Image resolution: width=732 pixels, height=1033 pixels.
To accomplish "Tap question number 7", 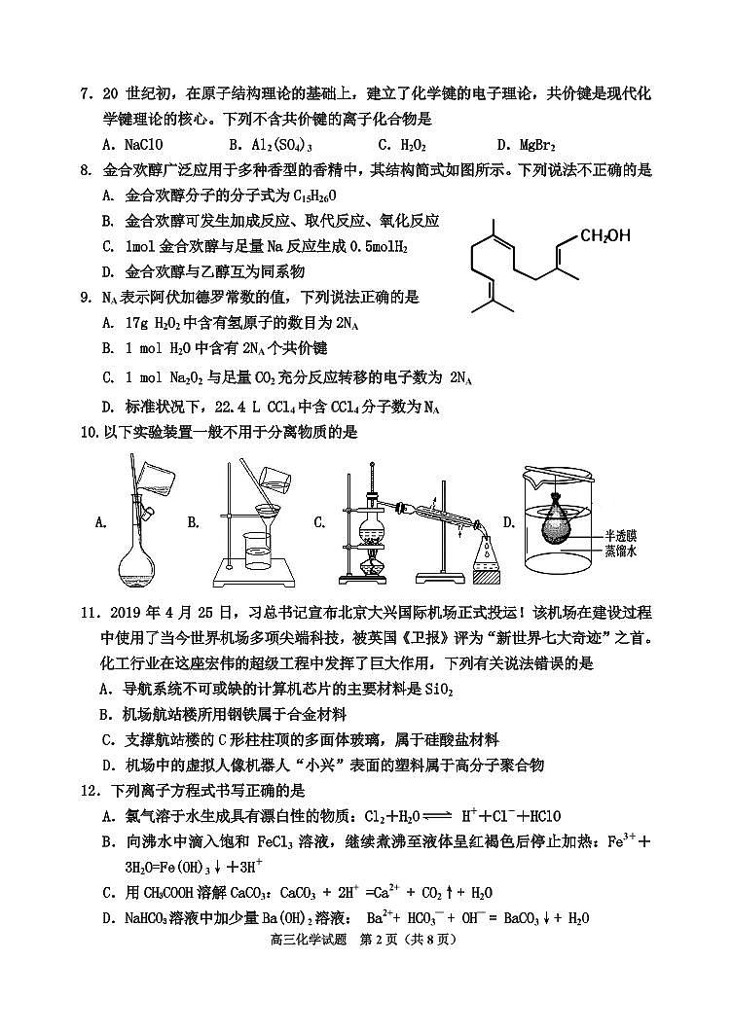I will pos(87,94).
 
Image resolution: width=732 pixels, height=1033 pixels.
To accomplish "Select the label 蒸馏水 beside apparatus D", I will pos(620,552).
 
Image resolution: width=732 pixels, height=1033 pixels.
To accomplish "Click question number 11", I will pos(90,614).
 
